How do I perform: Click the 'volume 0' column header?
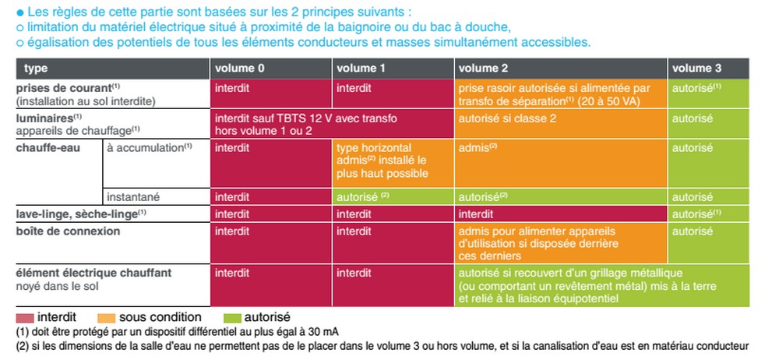[x=240, y=69]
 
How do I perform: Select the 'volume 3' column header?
[x=696, y=69]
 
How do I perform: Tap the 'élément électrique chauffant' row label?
[x=93, y=273]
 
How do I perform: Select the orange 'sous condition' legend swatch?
[x=106, y=317]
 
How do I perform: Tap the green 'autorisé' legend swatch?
[x=231, y=317]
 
